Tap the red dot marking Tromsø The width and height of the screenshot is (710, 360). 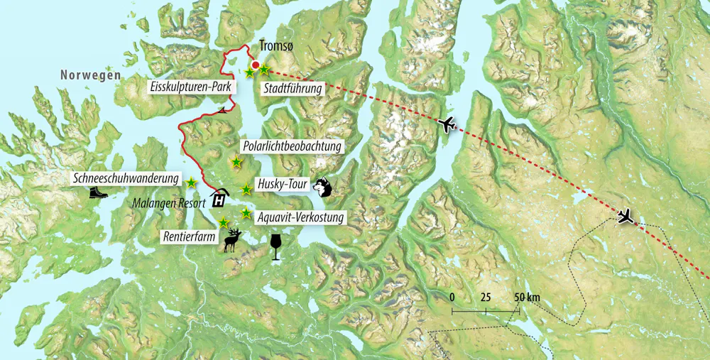[x=256, y=65]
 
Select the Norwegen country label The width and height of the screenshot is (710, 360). [x=90, y=75]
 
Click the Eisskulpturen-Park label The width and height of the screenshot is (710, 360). [x=190, y=87]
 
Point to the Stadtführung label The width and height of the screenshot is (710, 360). [x=292, y=89]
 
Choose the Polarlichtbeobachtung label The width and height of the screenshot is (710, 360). [x=292, y=146]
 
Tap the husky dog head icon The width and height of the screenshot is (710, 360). [x=322, y=187]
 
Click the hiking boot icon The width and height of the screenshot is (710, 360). [x=99, y=192]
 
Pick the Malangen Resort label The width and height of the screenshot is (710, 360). [x=168, y=202]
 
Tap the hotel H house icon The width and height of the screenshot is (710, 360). [x=220, y=197]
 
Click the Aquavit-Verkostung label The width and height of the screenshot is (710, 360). [x=302, y=217]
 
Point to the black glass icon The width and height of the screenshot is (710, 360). [x=275, y=246]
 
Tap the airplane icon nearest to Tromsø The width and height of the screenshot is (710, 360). [x=447, y=125]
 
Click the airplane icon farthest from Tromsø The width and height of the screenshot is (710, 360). [x=626, y=216]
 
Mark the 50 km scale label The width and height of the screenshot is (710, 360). [x=527, y=296]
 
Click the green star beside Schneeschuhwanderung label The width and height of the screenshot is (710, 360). [x=191, y=183]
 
